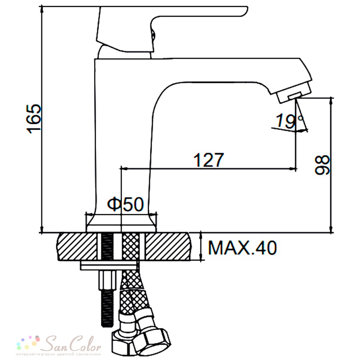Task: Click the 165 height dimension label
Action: point(34,119)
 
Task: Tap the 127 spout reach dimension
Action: point(208,160)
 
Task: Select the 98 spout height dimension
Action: point(322,165)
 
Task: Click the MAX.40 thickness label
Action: point(242,248)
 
